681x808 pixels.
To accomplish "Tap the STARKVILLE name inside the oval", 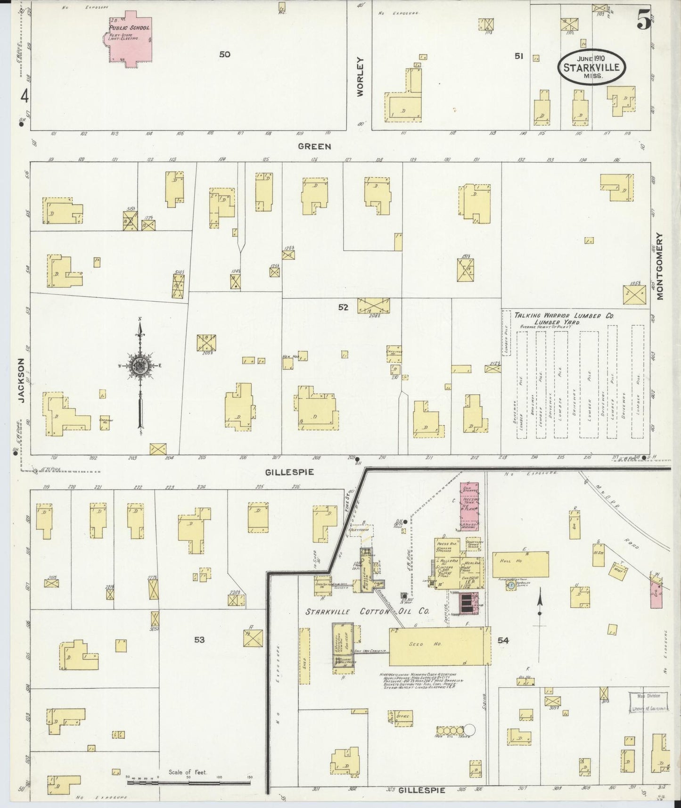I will click(x=592, y=67).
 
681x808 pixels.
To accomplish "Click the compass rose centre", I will click(x=140, y=366).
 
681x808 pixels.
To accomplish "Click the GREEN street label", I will click(x=314, y=147).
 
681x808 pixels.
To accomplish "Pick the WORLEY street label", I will click(x=361, y=77).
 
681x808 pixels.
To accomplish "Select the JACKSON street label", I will click(x=21, y=379).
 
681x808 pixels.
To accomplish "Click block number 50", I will click(x=225, y=54).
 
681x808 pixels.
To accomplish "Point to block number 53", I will click(x=199, y=640).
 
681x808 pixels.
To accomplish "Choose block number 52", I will click(x=343, y=307).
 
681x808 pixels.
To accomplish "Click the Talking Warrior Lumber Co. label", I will click(x=563, y=316).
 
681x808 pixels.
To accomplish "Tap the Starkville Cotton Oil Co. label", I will click(x=367, y=611).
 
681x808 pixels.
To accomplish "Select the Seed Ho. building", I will click(x=439, y=646).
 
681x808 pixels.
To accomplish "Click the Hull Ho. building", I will click(x=520, y=565).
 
